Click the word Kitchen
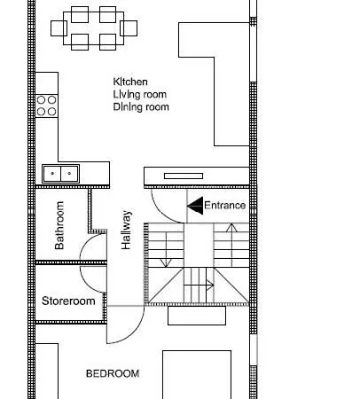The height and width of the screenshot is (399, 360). (x=130, y=82)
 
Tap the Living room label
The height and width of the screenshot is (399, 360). (x=140, y=95)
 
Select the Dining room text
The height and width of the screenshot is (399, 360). (x=141, y=107)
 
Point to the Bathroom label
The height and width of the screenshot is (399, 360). (x=59, y=225)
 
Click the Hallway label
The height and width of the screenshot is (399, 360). (x=126, y=230)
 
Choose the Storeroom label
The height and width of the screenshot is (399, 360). (x=68, y=301)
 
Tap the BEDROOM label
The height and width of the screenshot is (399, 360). (x=113, y=373)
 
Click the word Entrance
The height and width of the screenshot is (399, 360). (x=224, y=206)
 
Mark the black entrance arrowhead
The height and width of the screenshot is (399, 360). (x=195, y=206)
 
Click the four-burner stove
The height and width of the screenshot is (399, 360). (x=47, y=106)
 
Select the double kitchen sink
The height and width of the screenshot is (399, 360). (x=60, y=174)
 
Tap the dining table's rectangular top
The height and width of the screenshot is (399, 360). (x=93, y=28)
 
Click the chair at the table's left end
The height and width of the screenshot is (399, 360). (x=59, y=28)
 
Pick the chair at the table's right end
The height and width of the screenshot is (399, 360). (x=129, y=28)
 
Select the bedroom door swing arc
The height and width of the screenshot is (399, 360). (x=135, y=332)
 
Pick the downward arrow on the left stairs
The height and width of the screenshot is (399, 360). (x=166, y=250)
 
